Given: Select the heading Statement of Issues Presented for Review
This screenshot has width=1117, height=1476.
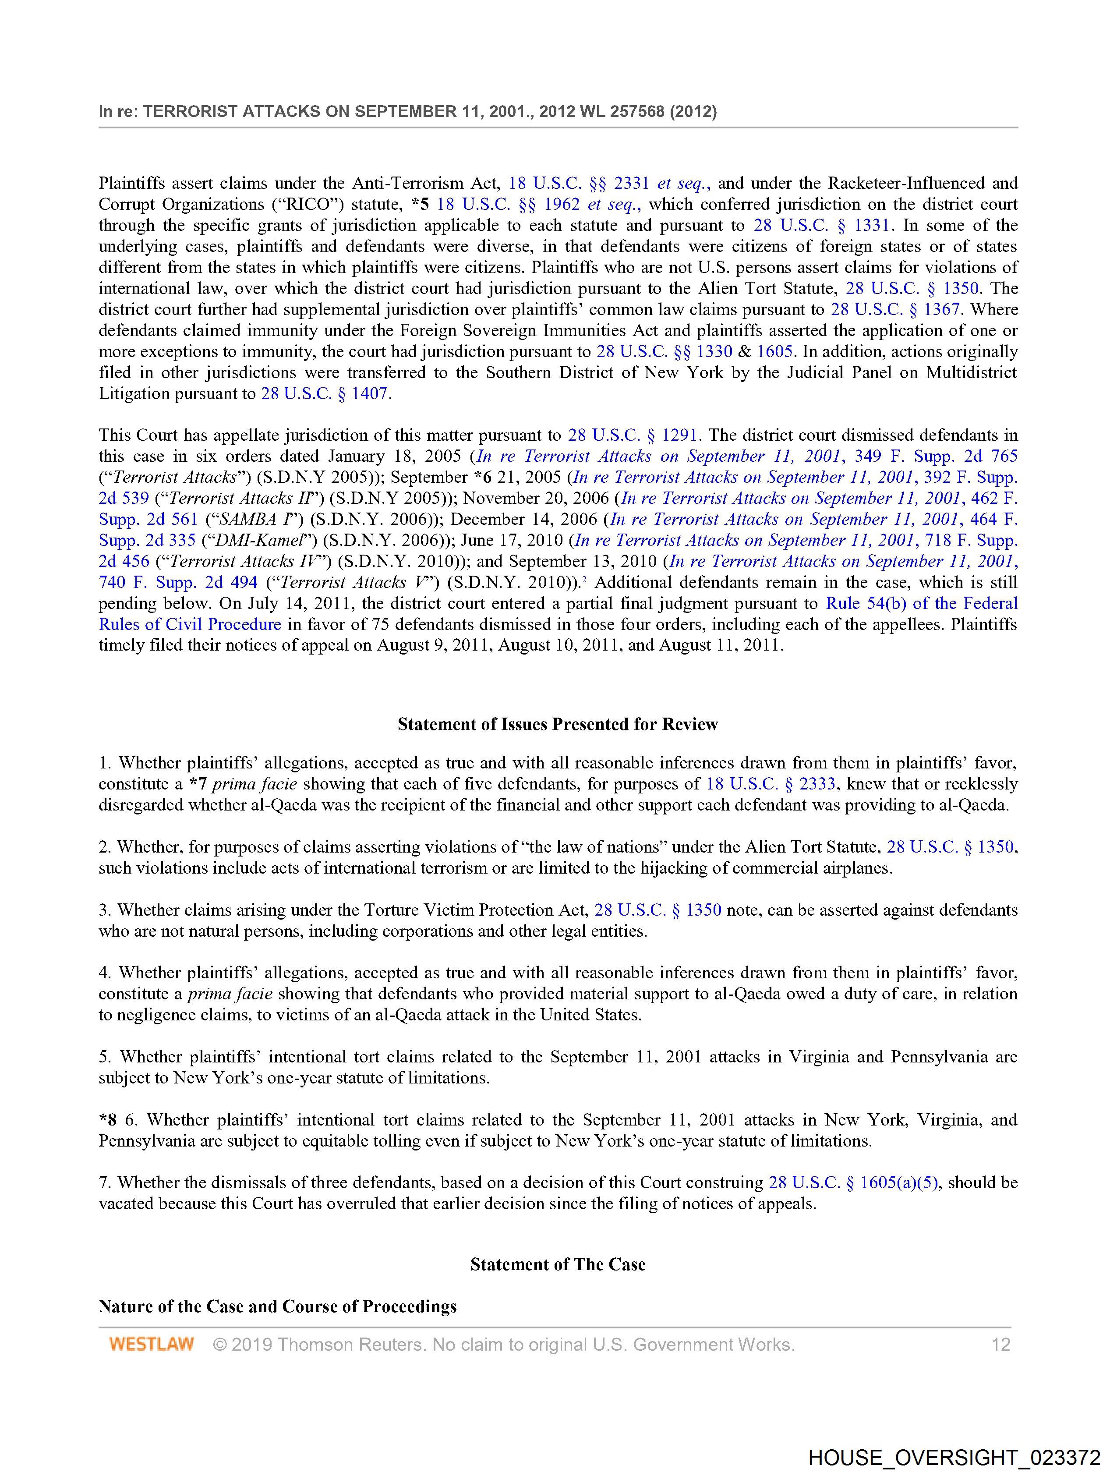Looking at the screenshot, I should pos(557,724).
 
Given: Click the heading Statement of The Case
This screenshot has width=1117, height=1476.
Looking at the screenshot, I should pos(557,1264).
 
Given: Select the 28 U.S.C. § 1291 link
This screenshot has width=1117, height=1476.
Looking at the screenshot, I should pos(632,435).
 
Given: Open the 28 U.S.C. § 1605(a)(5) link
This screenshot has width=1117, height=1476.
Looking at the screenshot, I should pos(853,1182).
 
